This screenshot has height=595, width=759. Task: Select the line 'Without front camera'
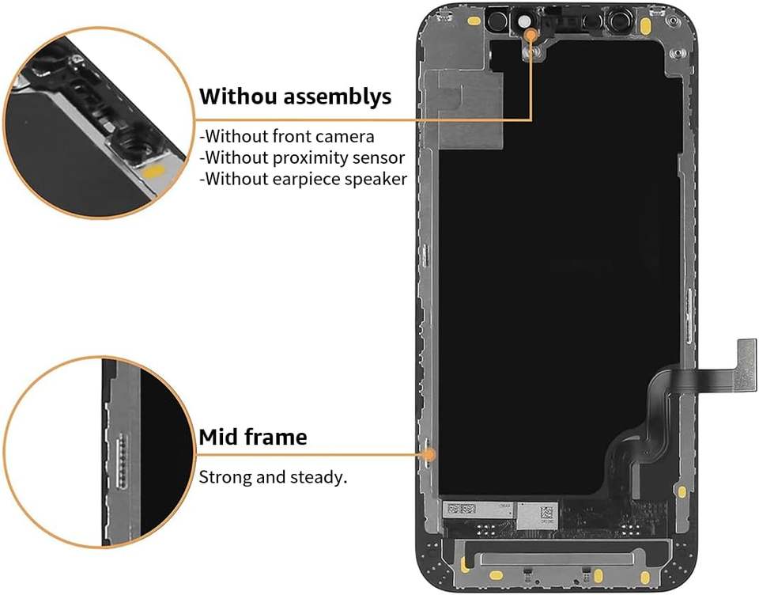click(x=286, y=136)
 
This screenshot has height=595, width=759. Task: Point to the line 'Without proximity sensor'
click(x=301, y=157)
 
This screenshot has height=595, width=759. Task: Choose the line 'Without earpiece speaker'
click(x=303, y=179)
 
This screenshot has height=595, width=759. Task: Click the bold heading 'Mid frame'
click(x=252, y=437)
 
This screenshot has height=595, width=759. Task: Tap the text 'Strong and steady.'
click(x=273, y=478)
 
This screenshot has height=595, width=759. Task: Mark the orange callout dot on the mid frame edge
click(x=429, y=454)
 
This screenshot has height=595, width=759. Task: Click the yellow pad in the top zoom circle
click(x=156, y=171)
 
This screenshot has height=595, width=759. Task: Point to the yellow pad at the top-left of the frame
click(x=474, y=21)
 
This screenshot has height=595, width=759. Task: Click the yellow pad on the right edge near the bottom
click(x=681, y=491)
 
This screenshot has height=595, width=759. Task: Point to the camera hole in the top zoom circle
click(x=126, y=146)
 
